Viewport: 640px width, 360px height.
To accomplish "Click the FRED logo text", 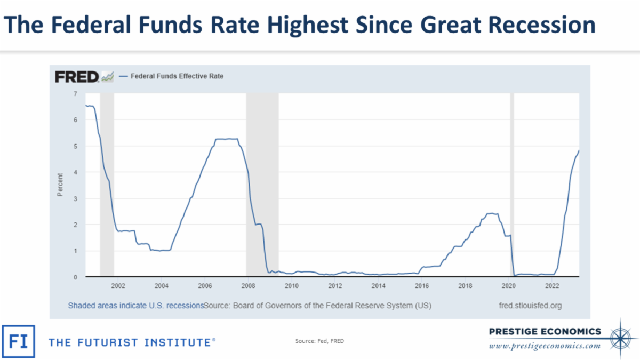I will click(77, 77).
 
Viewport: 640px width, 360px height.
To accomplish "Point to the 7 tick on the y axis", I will click(75, 94).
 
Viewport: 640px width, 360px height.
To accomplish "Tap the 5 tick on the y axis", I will click(75, 146).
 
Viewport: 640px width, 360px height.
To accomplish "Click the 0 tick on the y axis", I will click(75, 277).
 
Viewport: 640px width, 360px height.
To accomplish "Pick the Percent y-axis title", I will click(60, 185).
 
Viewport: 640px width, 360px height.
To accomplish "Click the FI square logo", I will click(19, 341).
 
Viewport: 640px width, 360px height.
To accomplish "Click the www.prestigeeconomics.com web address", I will click(545, 346).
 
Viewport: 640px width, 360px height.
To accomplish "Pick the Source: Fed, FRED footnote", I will click(319, 341).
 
